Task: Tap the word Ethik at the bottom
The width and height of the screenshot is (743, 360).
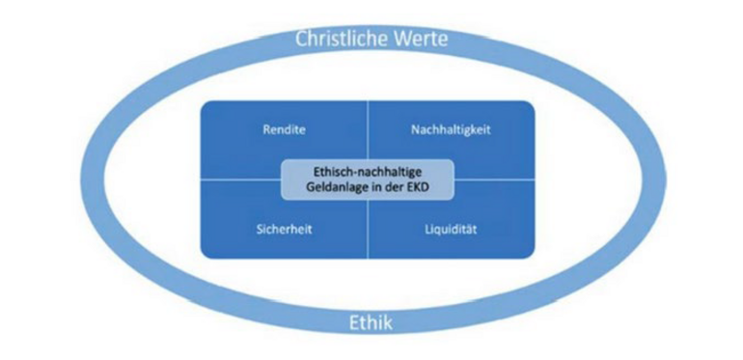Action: tap(370, 322)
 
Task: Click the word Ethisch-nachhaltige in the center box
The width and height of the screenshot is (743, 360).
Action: tap(369, 172)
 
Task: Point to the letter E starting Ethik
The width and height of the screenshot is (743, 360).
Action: tap(351, 322)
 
